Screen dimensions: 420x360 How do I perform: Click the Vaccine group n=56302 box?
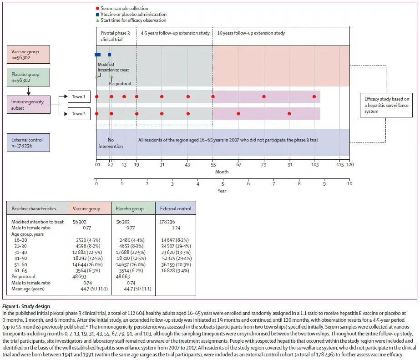click(x=28, y=54)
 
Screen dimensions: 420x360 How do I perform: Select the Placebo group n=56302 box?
click(x=28, y=77)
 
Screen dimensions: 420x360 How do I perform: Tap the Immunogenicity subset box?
click(x=29, y=105)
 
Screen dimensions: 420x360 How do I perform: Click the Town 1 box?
click(x=79, y=96)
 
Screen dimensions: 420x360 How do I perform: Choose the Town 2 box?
click(x=79, y=114)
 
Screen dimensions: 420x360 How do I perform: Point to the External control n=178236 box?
click(x=28, y=143)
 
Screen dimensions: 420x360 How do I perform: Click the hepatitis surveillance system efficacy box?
click(x=386, y=105)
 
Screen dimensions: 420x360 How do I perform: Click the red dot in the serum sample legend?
click(x=97, y=8)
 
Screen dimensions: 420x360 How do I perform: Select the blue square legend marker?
click(x=97, y=15)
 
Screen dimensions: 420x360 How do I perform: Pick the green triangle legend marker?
click(x=97, y=20)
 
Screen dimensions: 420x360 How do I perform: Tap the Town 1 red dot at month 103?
click(x=314, y=96)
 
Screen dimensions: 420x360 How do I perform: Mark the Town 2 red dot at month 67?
click(x=238, y=114)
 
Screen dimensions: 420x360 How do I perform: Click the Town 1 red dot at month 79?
click(x=264, y=96)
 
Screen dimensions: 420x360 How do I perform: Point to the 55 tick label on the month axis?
click(x=213, y=164)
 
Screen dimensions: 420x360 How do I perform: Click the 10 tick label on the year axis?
click(x=349, y=184)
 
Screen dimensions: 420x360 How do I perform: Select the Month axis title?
click(x=222, y=172)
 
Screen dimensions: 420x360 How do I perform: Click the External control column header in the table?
click(x=176, y=208)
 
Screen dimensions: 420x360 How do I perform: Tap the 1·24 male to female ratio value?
click(x=176, y=228)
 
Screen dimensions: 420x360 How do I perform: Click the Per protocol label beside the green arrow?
click(x=120, y=84)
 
